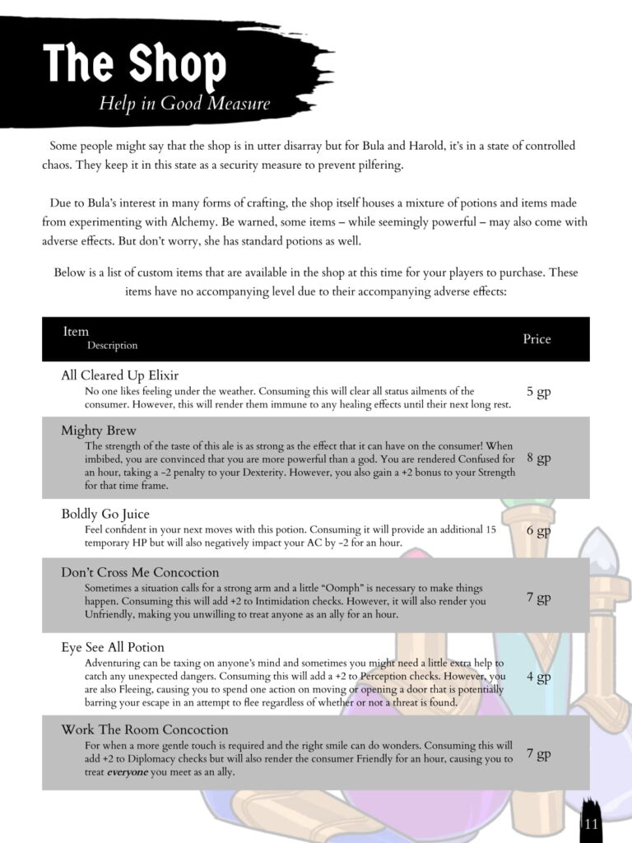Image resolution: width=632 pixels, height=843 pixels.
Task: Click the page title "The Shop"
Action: pyautogui.click(x=134, y=63)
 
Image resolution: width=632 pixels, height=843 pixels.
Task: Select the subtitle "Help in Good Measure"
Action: pyautogui.click(x=184, y=104)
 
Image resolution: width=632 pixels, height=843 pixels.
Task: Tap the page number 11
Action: pyautogui.click(x=592, y=823)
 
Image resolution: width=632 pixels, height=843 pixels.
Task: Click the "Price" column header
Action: pyautogui.click(x=537, y=339)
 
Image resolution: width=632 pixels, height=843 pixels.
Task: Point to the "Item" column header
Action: pyautogui.click(x=76, y=332)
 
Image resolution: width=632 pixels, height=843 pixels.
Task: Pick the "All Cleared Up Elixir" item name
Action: pyautogui.click(x=119, y=375)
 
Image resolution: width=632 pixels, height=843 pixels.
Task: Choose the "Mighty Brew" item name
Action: pyautogui.click(x=99, y=431)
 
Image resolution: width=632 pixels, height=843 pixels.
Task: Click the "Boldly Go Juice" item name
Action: pyautogui.click(x=105, y=515)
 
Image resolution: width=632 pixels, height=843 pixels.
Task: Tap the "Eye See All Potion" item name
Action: pyautogui.click(x=113, y=647)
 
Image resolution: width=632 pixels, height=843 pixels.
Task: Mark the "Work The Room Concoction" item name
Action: pyautogui.click(x=145, y=730)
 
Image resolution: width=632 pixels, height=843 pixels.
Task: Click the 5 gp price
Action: pyautogui.click(x=538, y=392)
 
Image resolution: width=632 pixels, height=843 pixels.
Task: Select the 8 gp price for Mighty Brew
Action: pyautogui.click(x=538, y=459)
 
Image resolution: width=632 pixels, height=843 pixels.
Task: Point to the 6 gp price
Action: pyautogui.click(x=538, y=531)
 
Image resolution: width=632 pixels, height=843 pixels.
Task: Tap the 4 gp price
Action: pyautogui.click(x=538, y=678)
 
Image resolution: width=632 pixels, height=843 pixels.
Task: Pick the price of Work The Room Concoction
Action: pyautogui.click(x=538, y=753)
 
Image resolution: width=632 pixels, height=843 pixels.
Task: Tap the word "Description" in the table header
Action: pyautogui.click(x=113, y=346)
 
